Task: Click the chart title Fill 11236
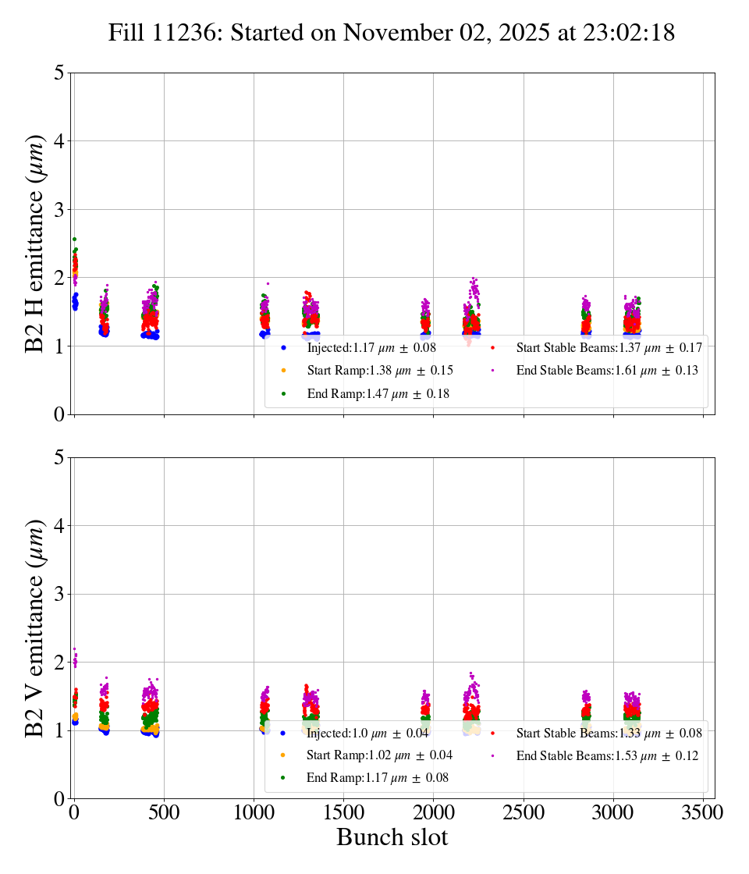point(391,33)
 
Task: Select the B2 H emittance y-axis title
point(35,243)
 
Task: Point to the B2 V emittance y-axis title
point(35,628)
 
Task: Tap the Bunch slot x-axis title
point(392,837)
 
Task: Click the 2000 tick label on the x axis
point(434,812)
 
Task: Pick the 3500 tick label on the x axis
point(703,812)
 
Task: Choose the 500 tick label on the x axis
point(164,812)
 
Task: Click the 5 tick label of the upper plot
point(59,73)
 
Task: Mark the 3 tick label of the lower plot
point(59,595)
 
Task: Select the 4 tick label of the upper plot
point(59,141)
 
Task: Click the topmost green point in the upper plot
point(74,239)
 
